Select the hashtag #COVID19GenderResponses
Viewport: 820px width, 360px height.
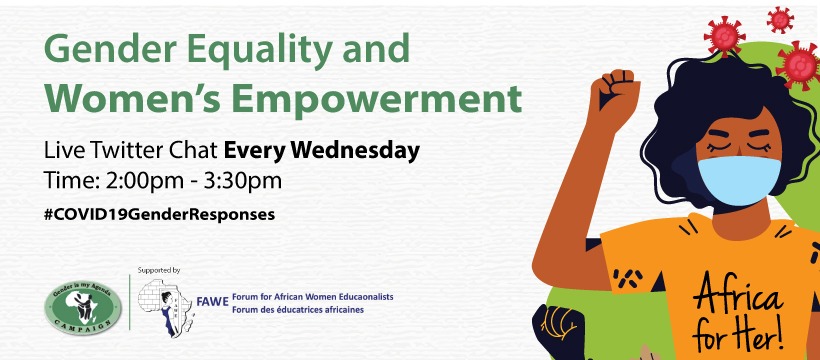coord(160,215)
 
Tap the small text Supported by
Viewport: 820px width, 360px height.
coord(159,271)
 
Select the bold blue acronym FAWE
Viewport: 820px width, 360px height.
coord(213,302)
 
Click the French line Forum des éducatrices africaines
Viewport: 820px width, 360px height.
coord(298,310)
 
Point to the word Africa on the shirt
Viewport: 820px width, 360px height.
coord(738,297)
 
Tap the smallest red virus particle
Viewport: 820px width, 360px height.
coord(780,20)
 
